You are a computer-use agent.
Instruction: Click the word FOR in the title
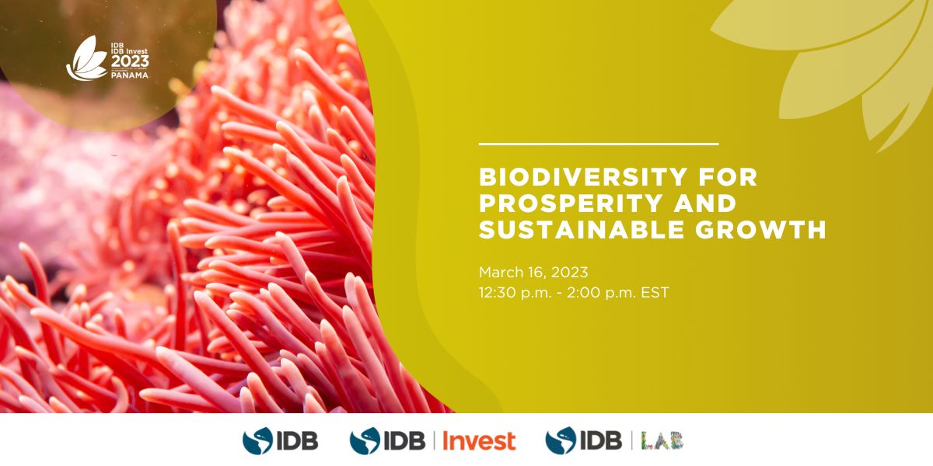pyautogui.click(x=729, y=178)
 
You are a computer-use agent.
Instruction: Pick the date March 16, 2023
pyautogui.click(x=533, y=273)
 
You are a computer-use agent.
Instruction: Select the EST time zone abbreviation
pyautogui.click(x=655, y=294)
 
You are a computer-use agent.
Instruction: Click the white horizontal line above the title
pyautogui.click(x=599, y=144)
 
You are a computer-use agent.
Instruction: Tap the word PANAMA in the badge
pyautogui.click(x=130, y=76)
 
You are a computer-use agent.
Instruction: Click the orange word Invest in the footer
pyautogui.click(x=479, y=440)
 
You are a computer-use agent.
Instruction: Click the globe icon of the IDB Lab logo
pyautogui.click(x=560, y=440)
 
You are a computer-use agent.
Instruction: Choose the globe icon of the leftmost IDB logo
pyautogui.click(x=257, y=440)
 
